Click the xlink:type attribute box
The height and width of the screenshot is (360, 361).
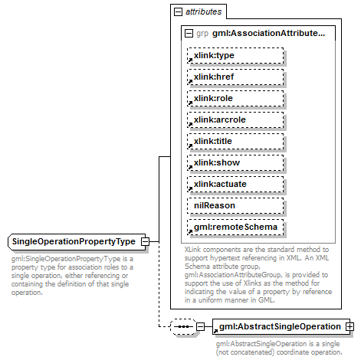(x=235, y=56)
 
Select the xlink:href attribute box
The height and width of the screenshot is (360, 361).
(x=235, y=77)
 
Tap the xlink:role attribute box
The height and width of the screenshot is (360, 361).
(x=235, y=99)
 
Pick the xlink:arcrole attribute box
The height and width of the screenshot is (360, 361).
(x=235, y=120)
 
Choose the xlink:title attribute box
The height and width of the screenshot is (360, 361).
(x=235, y=142)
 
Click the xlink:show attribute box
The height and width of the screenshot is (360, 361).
(x=235, y=163)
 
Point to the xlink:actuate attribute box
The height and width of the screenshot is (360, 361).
(x=235, y=185)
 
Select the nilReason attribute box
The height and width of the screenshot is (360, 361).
(x=235, y=206)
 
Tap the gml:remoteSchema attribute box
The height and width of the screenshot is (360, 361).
(x=235, y=227)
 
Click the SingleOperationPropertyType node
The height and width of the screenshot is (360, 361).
(x=74, y=242)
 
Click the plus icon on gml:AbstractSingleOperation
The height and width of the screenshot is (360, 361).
(x=350, y=327)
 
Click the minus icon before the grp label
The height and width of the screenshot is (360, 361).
(x=189, y=34)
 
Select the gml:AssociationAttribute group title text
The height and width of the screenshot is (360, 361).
(x=258, y=34)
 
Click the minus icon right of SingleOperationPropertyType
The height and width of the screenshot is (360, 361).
(x=144, y=242)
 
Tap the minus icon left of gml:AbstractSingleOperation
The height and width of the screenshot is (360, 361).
(x=201, y=327)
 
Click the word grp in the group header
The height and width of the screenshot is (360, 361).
(x=202, y=34)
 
